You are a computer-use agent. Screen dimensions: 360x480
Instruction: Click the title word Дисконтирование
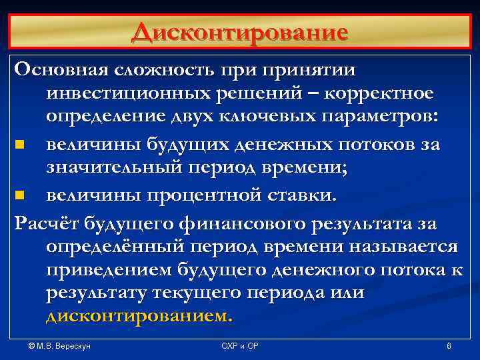coord(239,32)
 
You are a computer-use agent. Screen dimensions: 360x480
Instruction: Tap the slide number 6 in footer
coord(449,347)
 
